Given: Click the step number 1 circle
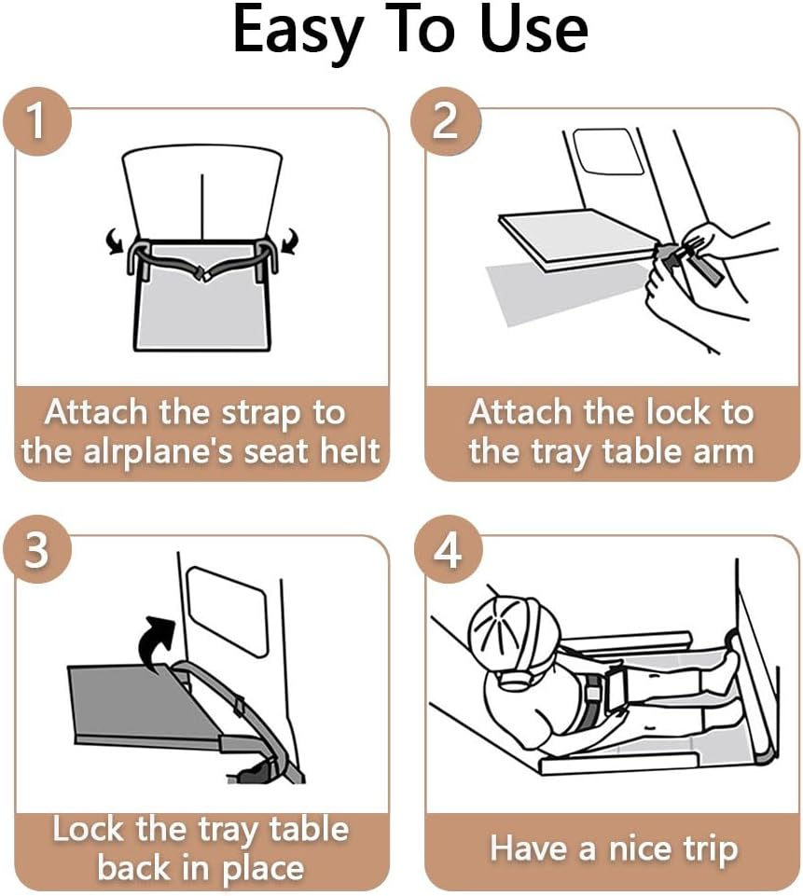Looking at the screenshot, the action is [36, 121].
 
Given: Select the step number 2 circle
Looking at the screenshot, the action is [446, 121].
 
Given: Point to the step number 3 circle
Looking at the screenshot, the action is [36, 549].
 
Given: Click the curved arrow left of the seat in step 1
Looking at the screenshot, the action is [116, 241].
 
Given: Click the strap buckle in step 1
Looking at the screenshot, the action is [201, 273].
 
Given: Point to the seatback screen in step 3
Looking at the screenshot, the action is [227, 611].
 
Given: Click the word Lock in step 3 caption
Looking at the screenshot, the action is [88, 829].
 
